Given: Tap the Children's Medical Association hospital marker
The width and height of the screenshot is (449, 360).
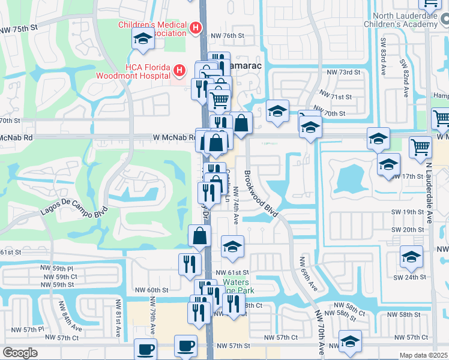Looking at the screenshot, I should pos(195,28).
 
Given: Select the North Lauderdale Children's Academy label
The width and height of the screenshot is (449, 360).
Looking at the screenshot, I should pos(401,20).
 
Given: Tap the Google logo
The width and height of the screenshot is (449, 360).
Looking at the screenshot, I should pos(20,353).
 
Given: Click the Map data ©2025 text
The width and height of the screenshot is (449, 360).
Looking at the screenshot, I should pos(424,355).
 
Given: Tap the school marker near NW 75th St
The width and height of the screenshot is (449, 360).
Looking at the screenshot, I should pos(143,40).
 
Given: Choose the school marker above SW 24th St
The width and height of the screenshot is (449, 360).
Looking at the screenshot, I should pos(411,257).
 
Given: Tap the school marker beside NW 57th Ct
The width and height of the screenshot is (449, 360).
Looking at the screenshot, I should pos(350,340).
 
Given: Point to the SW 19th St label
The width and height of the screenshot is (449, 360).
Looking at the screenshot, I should pos(408,212).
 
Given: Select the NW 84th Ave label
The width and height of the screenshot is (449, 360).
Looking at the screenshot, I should pos(69,317).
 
